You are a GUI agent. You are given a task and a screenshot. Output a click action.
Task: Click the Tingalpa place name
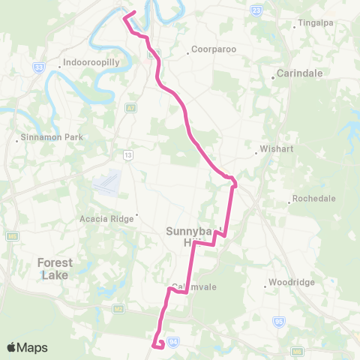point(315,22)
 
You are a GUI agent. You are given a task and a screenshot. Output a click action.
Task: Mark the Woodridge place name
point(290,285)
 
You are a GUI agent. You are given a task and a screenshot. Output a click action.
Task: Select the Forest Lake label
point(55,268)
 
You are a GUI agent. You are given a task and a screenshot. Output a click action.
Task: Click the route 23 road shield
point(257,10)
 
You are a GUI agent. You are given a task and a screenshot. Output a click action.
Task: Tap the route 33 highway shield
point(37,67)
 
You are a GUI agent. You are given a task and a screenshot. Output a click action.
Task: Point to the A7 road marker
point(131,108)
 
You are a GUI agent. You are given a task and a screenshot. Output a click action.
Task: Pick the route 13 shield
point(128,155)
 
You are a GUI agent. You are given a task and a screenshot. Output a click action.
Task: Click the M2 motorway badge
point(118,307)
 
